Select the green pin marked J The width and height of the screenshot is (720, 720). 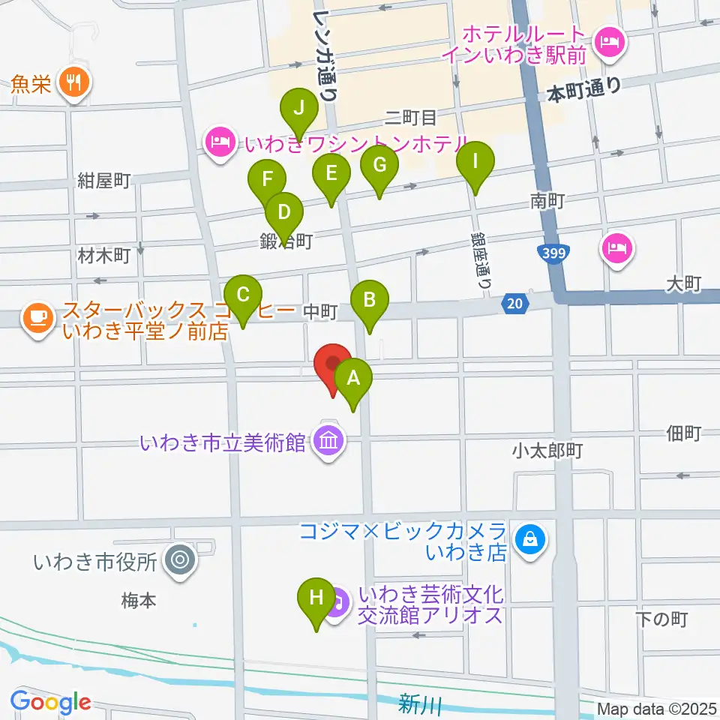click(299, 109)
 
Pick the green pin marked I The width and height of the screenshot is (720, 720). click(473, 162)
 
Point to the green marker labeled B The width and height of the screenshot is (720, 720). click(369, 301)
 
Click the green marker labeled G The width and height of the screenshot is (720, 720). click(379, 166)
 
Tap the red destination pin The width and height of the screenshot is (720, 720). click(332, 364)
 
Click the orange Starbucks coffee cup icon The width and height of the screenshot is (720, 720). click(36, 317)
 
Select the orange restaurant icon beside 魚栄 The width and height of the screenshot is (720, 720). click(73, 82)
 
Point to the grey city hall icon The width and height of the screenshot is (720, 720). click(179, 559)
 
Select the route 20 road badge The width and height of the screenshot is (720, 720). click(514, 303)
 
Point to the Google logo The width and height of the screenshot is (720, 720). click(50, 702)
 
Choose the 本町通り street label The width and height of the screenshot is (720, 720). click(584, 91)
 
